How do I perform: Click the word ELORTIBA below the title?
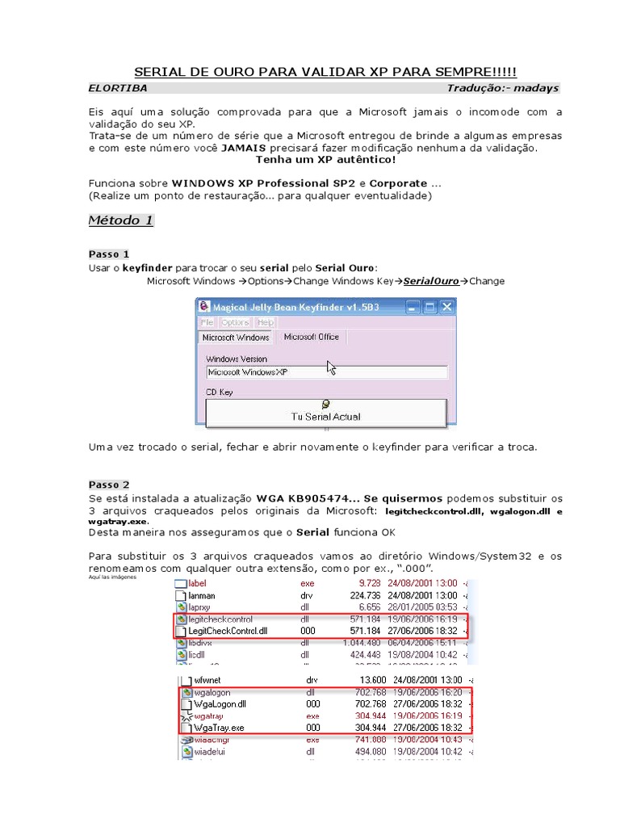(x=118, y=88)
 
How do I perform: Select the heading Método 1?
(x=120, y=220)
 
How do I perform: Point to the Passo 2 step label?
(x=109, y=485)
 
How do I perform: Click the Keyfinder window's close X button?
(x=446, y=307)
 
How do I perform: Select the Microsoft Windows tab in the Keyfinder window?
(x=235, y=338)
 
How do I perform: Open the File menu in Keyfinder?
(x=207, y=322)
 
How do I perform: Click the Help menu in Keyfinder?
(x=266, y=322)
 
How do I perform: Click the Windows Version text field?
(x=326, y=372)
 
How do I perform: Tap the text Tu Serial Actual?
(x=325, y=417)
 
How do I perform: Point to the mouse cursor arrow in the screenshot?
(x=330, y=367)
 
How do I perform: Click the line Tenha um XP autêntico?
(x=325, y=159)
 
